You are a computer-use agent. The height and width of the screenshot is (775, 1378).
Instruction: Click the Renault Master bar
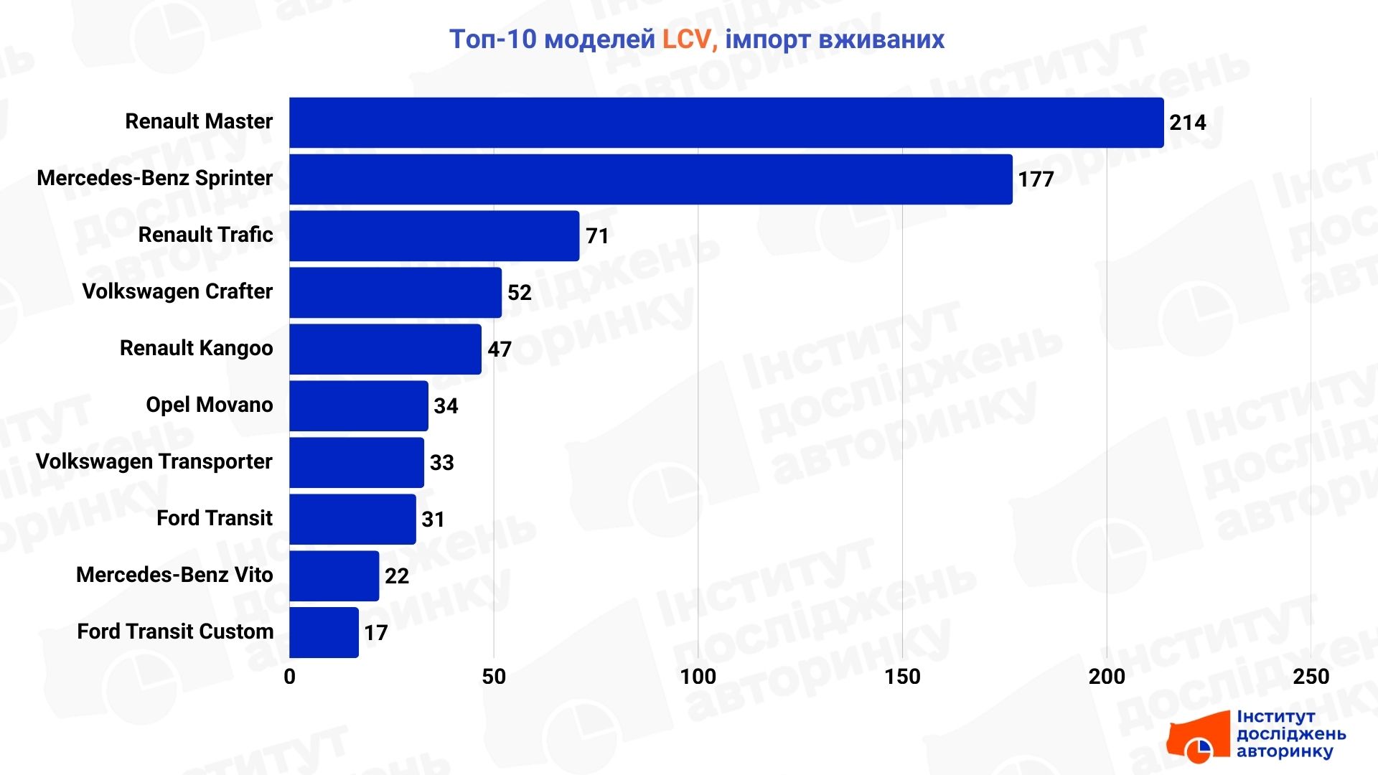[x=726, y=123]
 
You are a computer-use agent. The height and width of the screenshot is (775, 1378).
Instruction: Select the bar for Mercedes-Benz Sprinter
[x=651, y=179]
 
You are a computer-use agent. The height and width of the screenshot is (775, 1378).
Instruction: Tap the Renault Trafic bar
[x=434, y=236]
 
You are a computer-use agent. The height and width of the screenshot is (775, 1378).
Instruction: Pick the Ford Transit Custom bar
[x=324, y=633]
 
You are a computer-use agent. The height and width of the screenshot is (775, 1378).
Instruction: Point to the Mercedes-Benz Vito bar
[x=334, y=576]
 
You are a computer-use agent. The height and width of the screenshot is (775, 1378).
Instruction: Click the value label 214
[x=1187, y=123]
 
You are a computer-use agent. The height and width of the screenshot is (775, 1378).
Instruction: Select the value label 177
[x=1036, y=179]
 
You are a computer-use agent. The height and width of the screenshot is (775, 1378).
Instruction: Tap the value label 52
[x=519, y=293]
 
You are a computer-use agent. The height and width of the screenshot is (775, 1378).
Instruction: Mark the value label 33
[x=441, y=463]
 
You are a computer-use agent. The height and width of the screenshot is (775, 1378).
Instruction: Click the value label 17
[x=375, y=633]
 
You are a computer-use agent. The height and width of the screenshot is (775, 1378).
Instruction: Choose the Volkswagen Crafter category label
[x=177, y=291]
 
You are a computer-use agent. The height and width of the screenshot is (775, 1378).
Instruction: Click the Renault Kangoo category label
[x=196, y=348]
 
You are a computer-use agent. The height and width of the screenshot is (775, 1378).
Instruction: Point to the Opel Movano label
[x=209, y=405]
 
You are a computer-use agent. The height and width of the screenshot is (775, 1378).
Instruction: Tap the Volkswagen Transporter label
[x=154, y=461]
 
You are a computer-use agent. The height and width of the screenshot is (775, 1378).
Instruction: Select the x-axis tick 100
[x=698, y=677]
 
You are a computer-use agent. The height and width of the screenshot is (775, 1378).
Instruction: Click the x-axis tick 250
[x=1311, y=677]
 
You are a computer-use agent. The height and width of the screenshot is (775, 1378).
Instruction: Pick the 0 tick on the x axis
[x=289, y=677]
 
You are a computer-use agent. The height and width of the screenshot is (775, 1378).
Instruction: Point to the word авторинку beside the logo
[x=1284, y=752]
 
